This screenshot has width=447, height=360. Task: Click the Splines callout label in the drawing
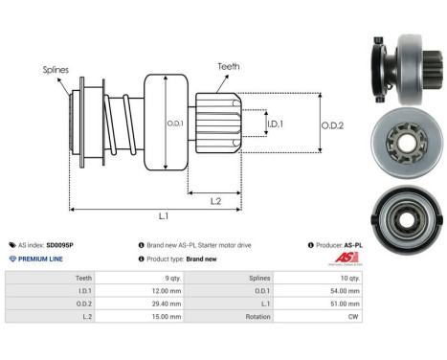coord(55,70)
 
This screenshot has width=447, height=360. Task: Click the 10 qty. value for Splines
coord(350,278)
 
